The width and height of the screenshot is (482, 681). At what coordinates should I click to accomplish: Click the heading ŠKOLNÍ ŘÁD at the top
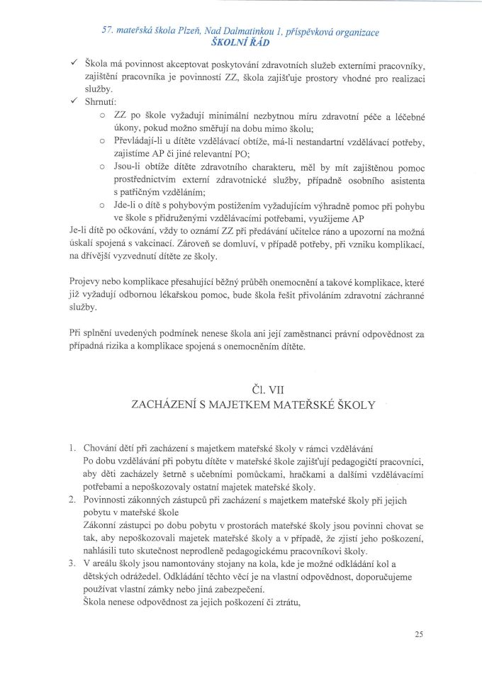click(x=241, y=42)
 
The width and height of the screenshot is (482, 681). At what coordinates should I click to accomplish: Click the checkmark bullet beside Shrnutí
click(x=74, y=102)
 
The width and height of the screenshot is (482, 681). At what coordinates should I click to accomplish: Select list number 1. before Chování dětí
click(x=74, y=449)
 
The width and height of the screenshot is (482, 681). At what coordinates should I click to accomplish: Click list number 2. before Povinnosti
click(x=74, y=500)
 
